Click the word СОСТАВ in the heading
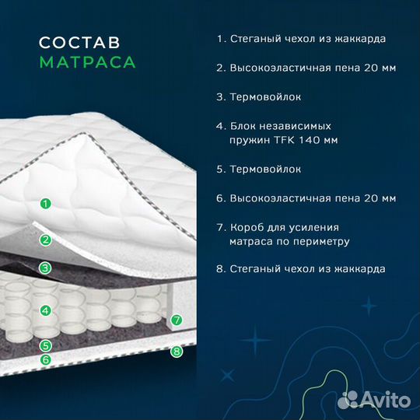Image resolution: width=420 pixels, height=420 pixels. [79, 43]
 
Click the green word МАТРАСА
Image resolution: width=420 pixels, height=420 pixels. [88, 62]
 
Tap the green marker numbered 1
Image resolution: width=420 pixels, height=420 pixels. [46, 204]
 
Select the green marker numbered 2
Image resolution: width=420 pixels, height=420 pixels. [46, 240]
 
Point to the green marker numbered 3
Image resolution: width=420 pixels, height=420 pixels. [45, 268]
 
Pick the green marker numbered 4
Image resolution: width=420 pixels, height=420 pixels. [46, 310]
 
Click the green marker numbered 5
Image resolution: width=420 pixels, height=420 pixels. [46, 345]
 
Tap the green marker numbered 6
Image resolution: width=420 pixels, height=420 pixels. [46, 359]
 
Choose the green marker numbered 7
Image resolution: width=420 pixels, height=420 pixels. [177, 320]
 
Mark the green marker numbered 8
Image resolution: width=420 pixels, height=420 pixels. [177, 351]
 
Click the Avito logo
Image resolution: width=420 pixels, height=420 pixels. [374, 400]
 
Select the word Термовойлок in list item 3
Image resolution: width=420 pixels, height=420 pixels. [265, 97]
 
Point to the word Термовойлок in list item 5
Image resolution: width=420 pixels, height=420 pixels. [265, 170]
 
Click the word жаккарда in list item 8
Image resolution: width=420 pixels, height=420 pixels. [360, 269]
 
